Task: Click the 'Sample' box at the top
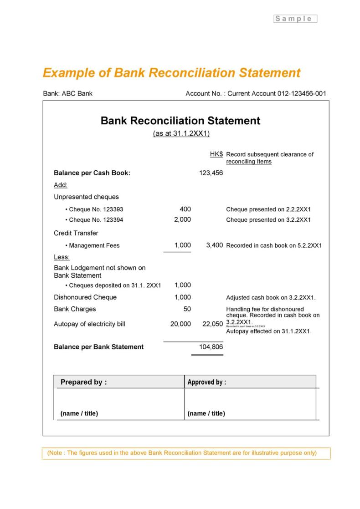(x=295, y=19)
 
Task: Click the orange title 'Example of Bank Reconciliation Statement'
(x=171, y=73)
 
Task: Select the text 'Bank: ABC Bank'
(x=67, y=93)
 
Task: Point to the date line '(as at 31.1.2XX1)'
(x=181, y=133)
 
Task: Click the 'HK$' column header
(x=216, y=154)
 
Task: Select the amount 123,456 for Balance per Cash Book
(x=211, y=173)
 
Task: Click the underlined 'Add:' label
(x=61, y=185)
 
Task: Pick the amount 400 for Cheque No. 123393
(x=185, y=209)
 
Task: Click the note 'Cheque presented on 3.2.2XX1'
(x=268, y=220)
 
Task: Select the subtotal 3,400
(x=214, y=245)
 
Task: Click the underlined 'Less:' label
(x=62, y=257)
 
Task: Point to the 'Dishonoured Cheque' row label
(x=85, y=297)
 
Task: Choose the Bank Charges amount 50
(x=187, y=309)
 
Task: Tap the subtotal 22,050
(x=212, y=324)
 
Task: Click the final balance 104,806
(x=211, y=347)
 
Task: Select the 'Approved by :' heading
(x=206, y=382)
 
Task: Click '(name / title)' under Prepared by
(x=79, y=413)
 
